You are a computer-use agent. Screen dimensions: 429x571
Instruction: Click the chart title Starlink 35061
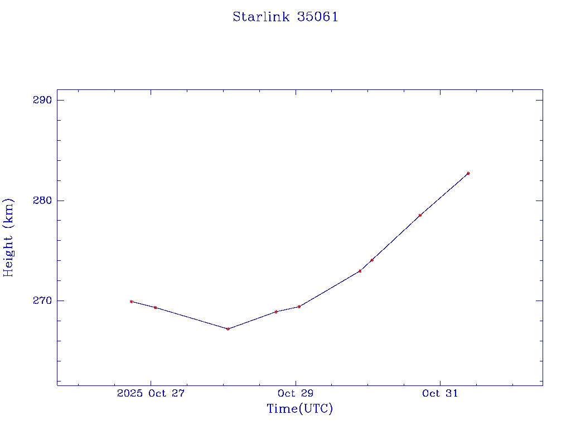285,17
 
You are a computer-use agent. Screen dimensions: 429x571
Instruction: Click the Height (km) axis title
8,237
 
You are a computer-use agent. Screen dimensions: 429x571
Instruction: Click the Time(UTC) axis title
299,409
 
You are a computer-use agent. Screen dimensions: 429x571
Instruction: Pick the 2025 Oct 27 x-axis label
151,394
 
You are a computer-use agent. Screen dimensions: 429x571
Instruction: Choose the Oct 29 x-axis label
296,394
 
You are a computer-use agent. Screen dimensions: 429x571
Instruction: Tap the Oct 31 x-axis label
440,394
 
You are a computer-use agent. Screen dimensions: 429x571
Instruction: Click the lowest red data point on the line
228,328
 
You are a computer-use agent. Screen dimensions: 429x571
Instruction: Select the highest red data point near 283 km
468,173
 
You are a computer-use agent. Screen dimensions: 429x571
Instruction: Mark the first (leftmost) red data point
131,301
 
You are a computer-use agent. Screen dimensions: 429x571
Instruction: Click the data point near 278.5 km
420,215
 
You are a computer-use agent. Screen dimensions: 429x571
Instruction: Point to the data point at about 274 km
372,260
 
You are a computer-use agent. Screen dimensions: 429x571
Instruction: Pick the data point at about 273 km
360,271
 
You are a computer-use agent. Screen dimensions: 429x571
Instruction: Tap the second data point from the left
156,307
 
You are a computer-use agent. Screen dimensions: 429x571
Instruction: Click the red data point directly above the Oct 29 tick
299,306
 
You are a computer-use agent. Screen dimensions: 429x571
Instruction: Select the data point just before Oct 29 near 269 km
276,312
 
